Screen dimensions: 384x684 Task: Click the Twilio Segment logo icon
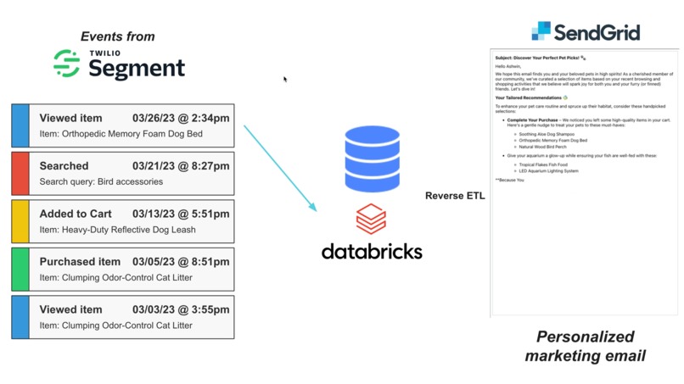(66, 64)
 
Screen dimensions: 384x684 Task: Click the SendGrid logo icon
(541, 31)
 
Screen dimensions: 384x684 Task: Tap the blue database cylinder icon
(372, 159)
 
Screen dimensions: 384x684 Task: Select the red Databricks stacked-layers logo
(371, 220)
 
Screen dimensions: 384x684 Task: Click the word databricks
(372, 251)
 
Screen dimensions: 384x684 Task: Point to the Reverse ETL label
(454, 196)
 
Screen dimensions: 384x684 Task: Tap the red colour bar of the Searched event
(20, 174)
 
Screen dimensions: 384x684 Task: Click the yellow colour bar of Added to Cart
(20, 221)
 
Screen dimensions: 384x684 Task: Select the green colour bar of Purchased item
(20, 269)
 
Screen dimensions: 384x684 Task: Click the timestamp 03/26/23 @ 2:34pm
(181, 119)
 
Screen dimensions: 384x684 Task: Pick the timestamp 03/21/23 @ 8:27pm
(181, 166)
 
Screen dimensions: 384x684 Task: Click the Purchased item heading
(80, 262)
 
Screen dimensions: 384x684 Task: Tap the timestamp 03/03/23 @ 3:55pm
(181, 309)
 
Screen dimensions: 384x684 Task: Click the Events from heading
(118, 36)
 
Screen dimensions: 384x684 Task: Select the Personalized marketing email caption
(585, 346)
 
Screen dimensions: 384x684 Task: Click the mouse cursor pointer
(285, 79)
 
